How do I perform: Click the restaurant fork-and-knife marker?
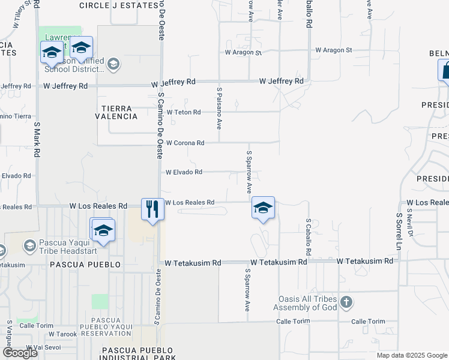[151, 209]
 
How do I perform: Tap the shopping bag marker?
[446, 70]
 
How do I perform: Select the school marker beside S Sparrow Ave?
[263, 208]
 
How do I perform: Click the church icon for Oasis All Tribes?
[346, 302]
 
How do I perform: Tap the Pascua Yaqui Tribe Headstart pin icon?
[29, 245]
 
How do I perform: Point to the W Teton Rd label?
[184, 112]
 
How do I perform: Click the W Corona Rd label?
[185, 143]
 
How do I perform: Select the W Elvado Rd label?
[184, 172]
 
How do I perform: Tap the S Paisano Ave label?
[220, 108]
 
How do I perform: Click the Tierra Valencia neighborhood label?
[116, 112]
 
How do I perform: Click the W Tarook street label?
[63, 334]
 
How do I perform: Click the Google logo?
[20, 353]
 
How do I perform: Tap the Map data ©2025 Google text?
[412, 355]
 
